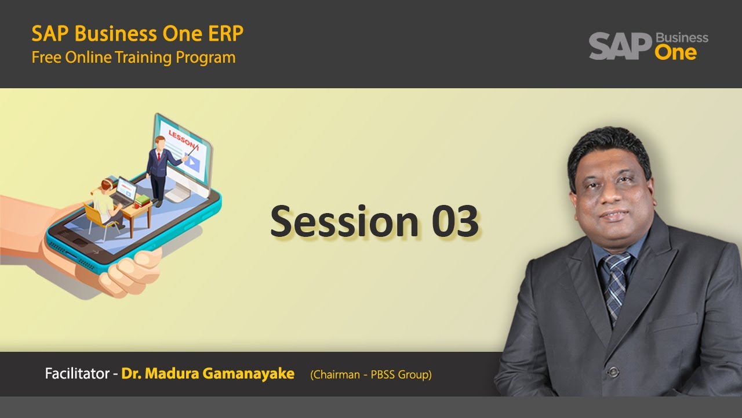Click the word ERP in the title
pyautogui.click(x=224, y=34)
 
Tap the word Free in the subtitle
pyautogui.click(x=45, y=58)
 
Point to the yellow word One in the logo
pyautogui.click(x=675, y=53)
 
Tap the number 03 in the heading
pyautogui.click(x=455, y=222)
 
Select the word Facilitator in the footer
pyautogui.click(x=77, y=374)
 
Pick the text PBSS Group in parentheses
pyautogui.click(x=401, y=375)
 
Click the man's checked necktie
pyautogui.click(x=616, y=284)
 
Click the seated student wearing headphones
pyautogui.click(x=107, y=200)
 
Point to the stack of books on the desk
pyautogui.click(x=142, y=201)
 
